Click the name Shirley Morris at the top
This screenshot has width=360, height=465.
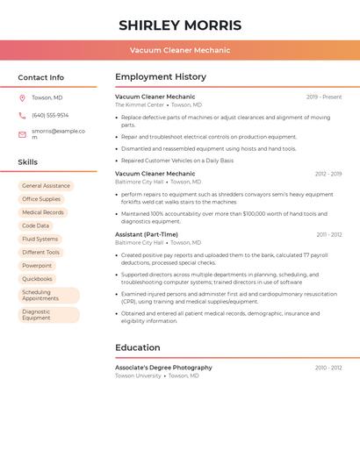[180, 25]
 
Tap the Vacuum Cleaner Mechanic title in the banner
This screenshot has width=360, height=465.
[180, 50]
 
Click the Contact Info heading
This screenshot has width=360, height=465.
[41, 77]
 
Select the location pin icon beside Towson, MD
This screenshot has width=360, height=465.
[22, 97]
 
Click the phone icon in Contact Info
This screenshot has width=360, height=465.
[22, 115]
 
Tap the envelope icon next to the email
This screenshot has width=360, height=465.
[22, 134]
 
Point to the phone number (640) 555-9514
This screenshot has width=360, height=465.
[50, 115]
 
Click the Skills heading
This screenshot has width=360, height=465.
[28, 162]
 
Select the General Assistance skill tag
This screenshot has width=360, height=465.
[46, 186]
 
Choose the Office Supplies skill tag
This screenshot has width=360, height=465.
[41, 199]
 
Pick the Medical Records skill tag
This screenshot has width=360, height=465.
[43, 212]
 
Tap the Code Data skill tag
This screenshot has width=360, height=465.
[36, 225]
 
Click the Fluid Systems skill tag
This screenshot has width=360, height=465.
[40, 239]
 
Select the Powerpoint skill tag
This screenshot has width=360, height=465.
[37, 265]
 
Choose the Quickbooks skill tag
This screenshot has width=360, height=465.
[37, 279]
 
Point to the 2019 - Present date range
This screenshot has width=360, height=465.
[324, 97]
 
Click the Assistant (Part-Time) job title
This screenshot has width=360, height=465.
[147, 234]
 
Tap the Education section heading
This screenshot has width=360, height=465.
[138, 347]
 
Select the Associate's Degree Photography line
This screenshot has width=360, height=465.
[163, 368]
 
